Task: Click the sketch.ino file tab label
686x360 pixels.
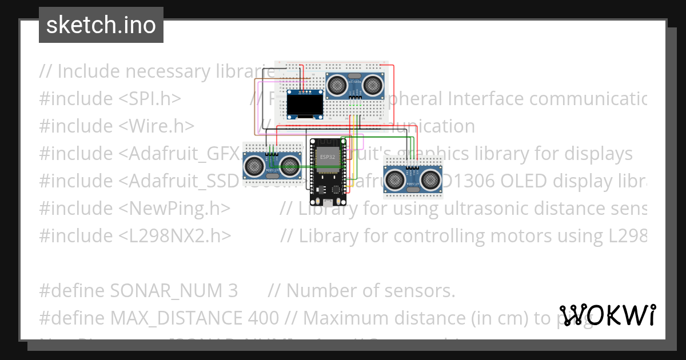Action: coord(101,25)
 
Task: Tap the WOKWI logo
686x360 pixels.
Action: coord(608,315)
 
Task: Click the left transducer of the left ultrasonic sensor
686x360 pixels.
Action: coord(253,166)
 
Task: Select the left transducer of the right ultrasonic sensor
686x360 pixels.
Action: coord(394,179)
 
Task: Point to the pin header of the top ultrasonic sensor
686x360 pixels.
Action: coord(355,98)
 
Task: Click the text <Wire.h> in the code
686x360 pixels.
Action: coord(157,126)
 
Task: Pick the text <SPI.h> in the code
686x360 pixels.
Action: coord(150,99)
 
